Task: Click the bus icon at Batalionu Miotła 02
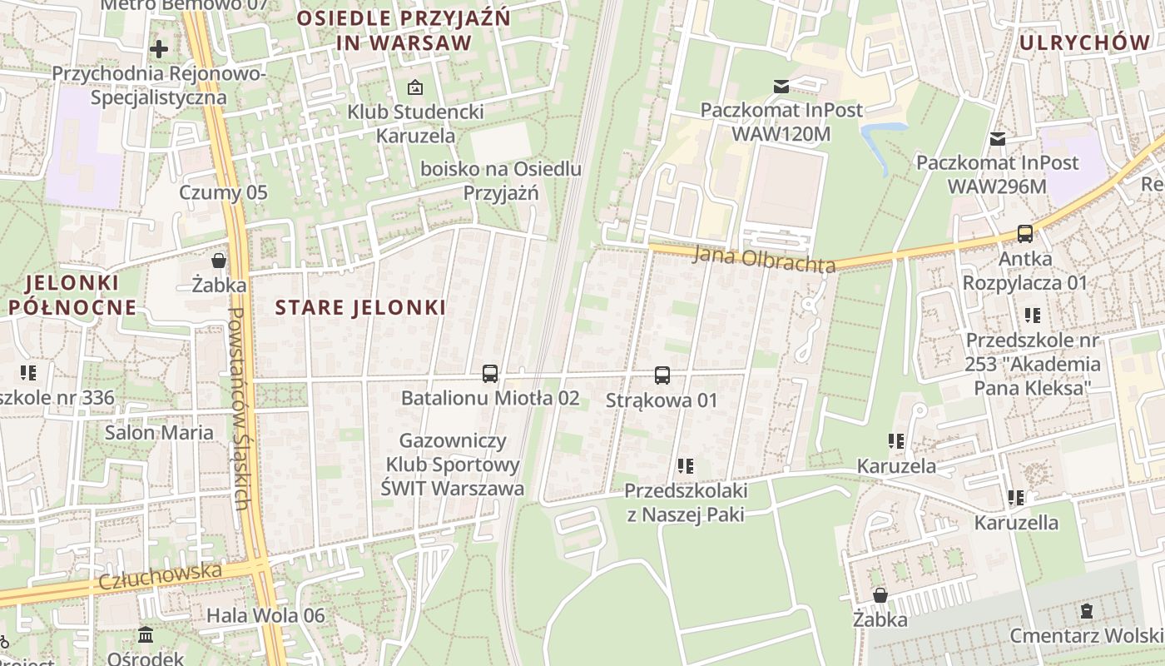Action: tap(489, 374)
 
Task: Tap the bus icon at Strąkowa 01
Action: tap(662, 375)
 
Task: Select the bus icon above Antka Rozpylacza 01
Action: tap(1025, 234)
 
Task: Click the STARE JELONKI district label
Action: tap(360, 307)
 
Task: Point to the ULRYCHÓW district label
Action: tap(1084, 42)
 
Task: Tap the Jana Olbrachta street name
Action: tap(764, 260)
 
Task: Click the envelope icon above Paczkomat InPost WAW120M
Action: tap(781, 86)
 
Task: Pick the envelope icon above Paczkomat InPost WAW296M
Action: tap(997, 138)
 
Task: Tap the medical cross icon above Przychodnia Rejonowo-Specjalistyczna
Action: tap(159, 49)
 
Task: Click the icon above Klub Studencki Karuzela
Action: tap(414, 87)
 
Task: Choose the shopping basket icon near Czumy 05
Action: tap(219, 261)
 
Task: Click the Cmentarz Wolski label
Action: tap(1086, 636)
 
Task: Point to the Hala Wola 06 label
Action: tap(265, 616)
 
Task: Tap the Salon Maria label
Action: tap(159, 433)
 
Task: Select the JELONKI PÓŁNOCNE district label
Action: tap(72, 295)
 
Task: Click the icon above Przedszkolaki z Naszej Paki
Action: tap(686, 466)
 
